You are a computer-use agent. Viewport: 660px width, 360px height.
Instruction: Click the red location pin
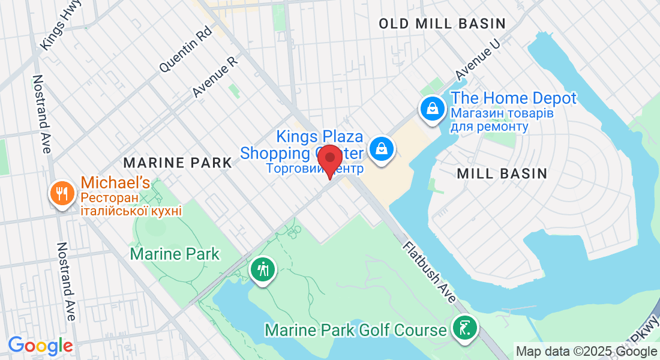pyautogui.click(x=329, y=159)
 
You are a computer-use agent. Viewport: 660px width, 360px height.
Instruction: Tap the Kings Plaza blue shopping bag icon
pyautogui.click(x=381, y=148)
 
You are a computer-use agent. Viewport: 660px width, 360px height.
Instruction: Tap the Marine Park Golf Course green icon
pyautogui.click(x=466, y=328)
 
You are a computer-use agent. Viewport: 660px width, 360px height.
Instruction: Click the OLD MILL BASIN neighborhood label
pyautogui.click(x=443, y=23)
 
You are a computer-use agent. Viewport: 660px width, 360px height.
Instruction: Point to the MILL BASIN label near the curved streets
pyautogui.click(x=502, y=173)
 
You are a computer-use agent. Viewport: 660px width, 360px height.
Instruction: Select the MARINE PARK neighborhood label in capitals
pyautogui.click(x=177, y=162)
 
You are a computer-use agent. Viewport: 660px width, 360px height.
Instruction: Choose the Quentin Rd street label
pyautogui.click(x=185, y=49)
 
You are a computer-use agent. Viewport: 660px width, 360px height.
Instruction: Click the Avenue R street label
pyautogui.click(x=215, y=76)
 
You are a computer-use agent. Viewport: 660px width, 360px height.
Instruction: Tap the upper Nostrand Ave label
pyautogui.click(x=41, y=114)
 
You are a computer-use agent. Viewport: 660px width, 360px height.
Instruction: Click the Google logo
pyautogui.click(x=40, y=346)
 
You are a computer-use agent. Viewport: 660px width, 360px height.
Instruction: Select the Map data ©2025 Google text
pyautogui.click(x=586, y=352)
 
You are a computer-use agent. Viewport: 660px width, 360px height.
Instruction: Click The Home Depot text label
pyautogui.click(x=513, y=98)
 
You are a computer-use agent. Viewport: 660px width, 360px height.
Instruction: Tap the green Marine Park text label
pyautogui.click(x=175, y=254)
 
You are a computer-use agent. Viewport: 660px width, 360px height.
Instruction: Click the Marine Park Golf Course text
pyautogui.click(x=356, y=330)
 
